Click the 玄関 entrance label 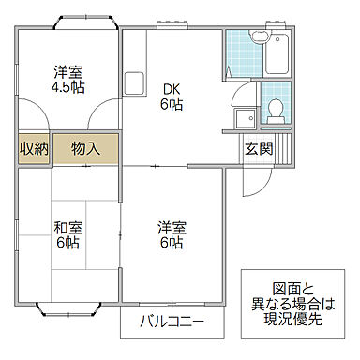pos(259,148)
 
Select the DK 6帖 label pos(172,97)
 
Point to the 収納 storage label pos(34,148)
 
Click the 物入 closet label pos(85,148)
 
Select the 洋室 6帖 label pos(172,235)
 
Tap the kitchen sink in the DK pos(132,82)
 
